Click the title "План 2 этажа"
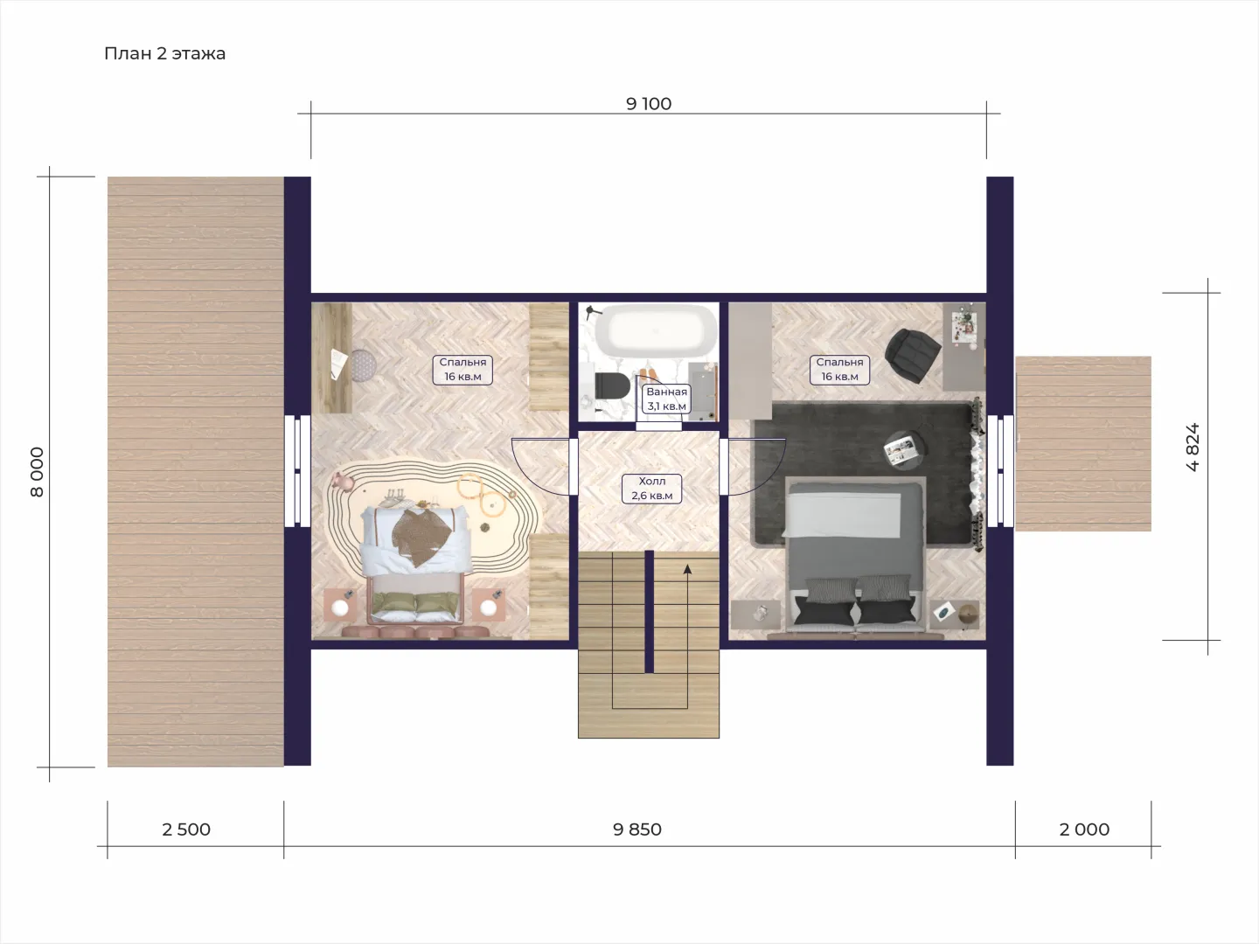pyautogui.click(x=164, y=53)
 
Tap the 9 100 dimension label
pyautogui.click(x=649, y=104)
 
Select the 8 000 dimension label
pyautogui.click(x=37, y=472)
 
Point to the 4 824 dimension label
pyautogui.click(x=1193, y=447)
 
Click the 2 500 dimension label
pyautogui.click(x=186, y=829)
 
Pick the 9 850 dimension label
pyautogui.click(x=637, y=829)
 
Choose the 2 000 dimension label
pyautogui.click(x=1084, y=829)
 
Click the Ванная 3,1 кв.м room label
pyautogui.click(x=666, y=399)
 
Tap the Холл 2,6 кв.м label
pyautogui.click(x=652, y=489)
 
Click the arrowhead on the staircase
pyautogui.click(x=687, y=568)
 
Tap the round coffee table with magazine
pyautogui.click(x=903, y=450)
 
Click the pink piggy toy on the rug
pyautogui.click(x=345, y=481)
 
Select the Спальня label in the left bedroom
pyautogui.click(x=463, y=362)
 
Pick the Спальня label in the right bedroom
pyautogui.click(x=839, y=362)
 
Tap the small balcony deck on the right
pyautogui.click(x=1083, y=444)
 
